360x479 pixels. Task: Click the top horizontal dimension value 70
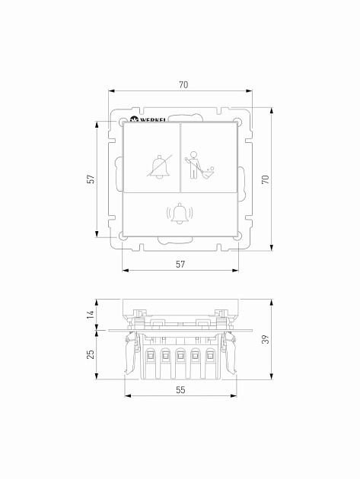coord(183,84)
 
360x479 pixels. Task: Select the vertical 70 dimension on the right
coord(266,179)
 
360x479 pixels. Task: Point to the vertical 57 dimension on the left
coord(91,179)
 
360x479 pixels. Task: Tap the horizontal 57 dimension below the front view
coord(180,265)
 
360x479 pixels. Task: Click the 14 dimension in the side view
coord(91,315)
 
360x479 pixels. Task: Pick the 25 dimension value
coord(91,354)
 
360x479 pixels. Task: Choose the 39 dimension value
coord(266,339)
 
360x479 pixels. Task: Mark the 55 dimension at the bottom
coord(180,390)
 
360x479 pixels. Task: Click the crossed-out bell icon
coord(159,167)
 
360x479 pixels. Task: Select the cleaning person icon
coord(199,165)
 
